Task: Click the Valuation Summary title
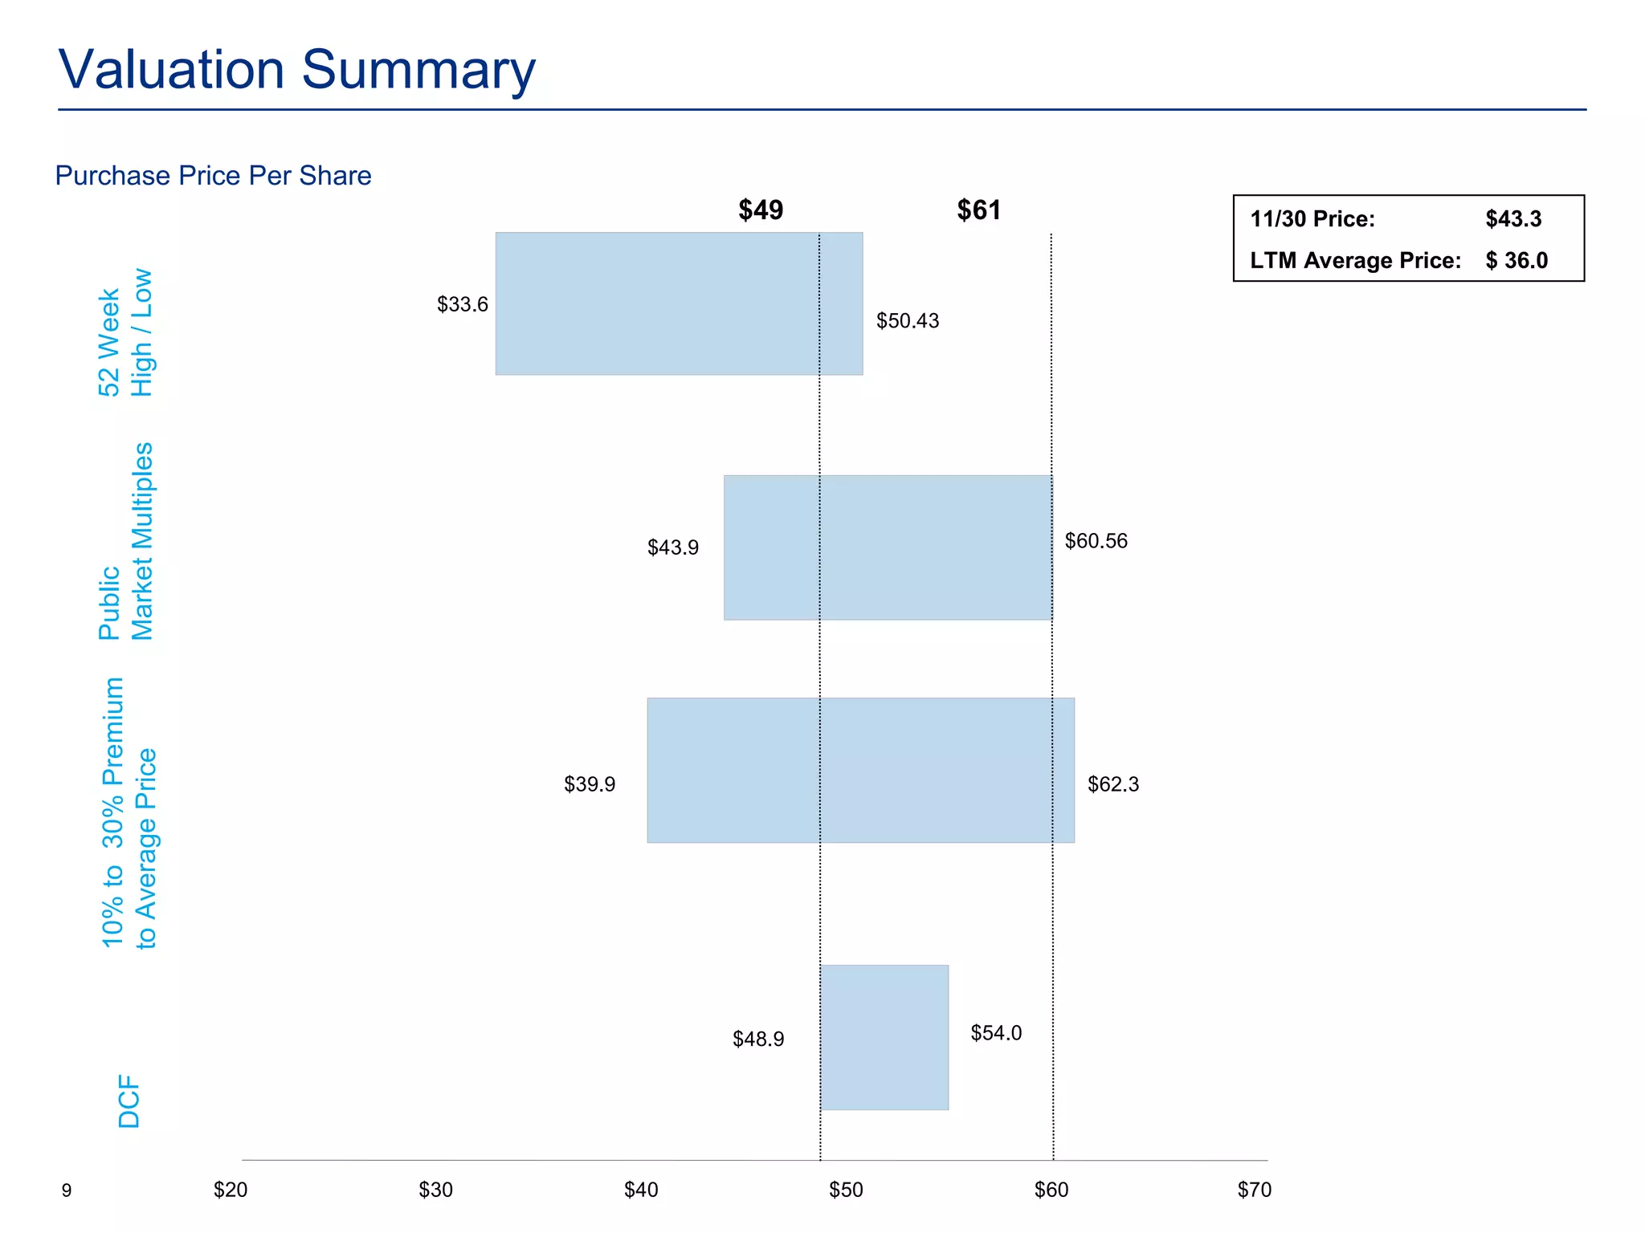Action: (x=296, y=70)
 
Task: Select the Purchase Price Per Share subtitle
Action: (x=213, y=176)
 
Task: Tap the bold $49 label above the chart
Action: (x=761, y=210)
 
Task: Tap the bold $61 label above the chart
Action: (x=978, y=210)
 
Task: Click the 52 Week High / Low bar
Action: (x=679, y=303)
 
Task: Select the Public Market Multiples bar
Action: (x=888, y=547)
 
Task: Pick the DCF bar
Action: (x=884, y=1037)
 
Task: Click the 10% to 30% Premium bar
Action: (x=860, y=770)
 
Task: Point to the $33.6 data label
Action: (x=463, y=305)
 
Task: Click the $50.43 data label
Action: (x=908, y=321)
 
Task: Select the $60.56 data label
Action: (x=1096, y=541)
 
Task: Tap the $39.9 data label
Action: (x=590, y=784)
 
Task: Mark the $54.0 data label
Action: (x=996, y=1033)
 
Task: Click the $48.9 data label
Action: (x=758, y=1040)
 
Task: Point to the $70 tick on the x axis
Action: (x=1255, y=1190)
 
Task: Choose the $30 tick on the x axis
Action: (x=435, y=1190)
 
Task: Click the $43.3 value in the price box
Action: (x=1513, y=219)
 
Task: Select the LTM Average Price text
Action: (x=1355, y=261)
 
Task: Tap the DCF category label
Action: (x=129, y=1101)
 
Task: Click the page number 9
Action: (x=67, y=1190)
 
